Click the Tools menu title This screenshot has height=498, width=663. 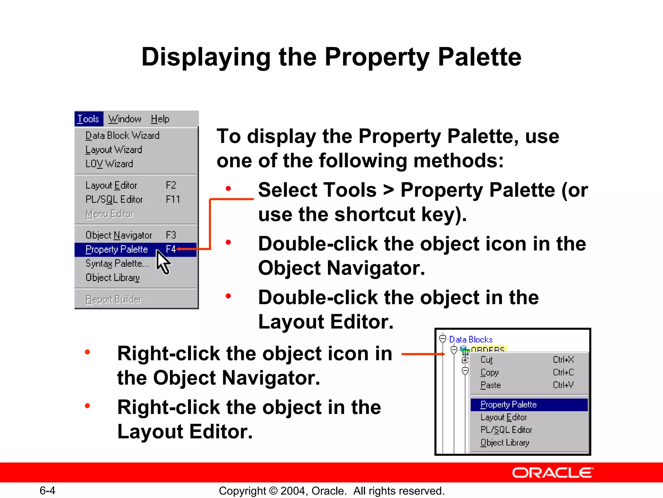88,119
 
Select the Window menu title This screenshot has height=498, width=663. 125,119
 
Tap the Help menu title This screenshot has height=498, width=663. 160,119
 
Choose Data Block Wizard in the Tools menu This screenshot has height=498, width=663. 122,136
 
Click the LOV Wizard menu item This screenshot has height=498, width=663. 109,164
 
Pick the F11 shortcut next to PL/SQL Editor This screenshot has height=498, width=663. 173,199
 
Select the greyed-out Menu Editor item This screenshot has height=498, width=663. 109,214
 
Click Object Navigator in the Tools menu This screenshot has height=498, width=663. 118,235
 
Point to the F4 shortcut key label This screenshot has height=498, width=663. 171,249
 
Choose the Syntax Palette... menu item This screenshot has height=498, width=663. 117,263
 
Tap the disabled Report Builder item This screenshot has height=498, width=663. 114,299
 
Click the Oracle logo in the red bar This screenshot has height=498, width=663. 553,473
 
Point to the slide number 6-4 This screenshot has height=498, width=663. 47,491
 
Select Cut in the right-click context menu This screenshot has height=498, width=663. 487,360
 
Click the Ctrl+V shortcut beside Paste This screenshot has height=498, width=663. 563,385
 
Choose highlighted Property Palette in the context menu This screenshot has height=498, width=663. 509,405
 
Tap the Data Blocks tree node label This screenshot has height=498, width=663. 471,339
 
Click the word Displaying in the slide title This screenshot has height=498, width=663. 206,57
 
